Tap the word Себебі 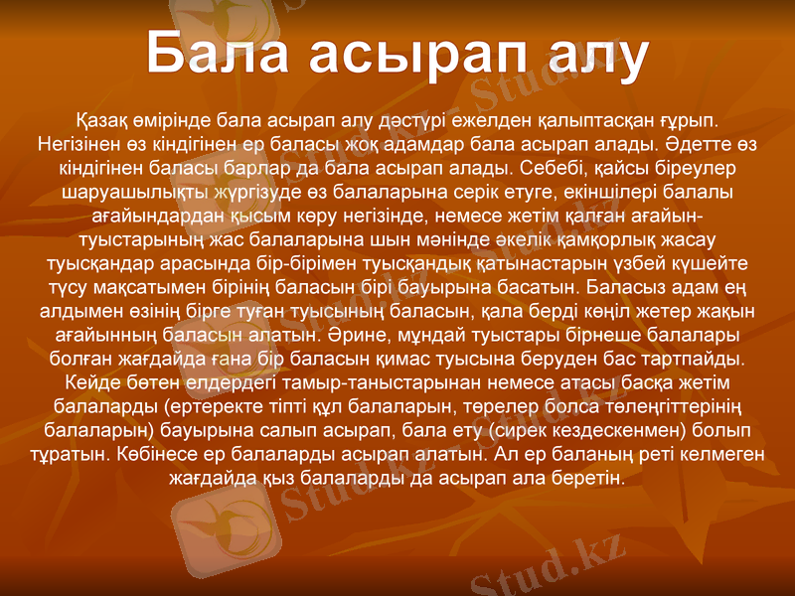pos(546,168)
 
